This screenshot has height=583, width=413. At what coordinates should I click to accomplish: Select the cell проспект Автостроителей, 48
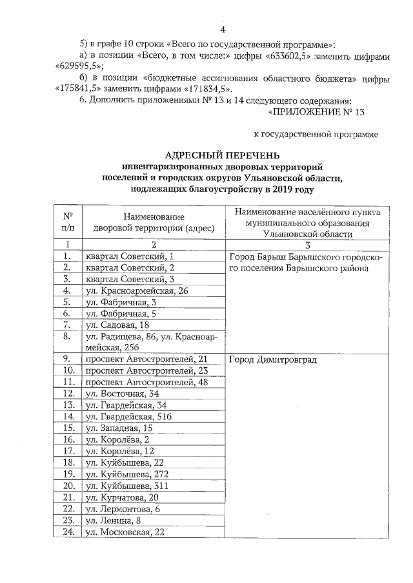147,382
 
